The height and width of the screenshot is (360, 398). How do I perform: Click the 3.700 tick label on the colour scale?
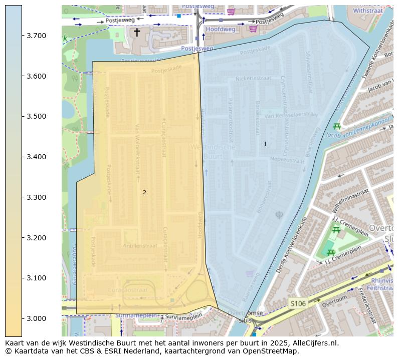coord(37,36)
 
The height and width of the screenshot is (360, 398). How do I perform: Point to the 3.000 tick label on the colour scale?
coord(37,318)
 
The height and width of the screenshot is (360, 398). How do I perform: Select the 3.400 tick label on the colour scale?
coord(37,157)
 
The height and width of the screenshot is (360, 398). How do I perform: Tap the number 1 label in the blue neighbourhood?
coord(265,144)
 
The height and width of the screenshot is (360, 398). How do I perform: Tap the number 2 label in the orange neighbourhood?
coord(144,192)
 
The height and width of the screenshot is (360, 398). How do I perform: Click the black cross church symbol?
coord(137,33)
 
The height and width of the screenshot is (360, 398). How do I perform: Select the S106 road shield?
coord(298,303)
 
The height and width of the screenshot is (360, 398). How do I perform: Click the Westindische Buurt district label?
coord(213,152)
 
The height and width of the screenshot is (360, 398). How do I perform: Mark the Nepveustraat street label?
coord(287,160)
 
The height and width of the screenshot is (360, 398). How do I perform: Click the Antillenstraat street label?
coord(140,246)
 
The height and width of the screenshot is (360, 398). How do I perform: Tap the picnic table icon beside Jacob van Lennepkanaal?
coord(337,126)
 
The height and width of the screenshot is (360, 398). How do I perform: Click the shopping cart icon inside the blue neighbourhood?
coord(250,273)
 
